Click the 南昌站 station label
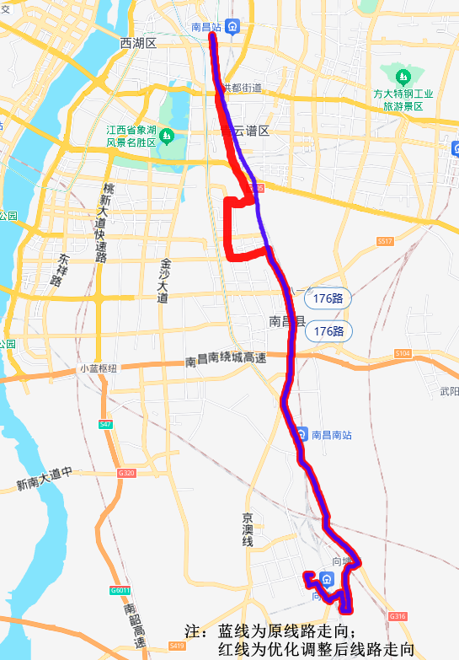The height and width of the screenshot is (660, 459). (206, 27)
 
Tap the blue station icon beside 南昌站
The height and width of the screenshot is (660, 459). (232, 27)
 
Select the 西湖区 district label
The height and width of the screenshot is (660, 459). (139, 43)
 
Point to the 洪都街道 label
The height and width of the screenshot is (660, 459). (241, 88)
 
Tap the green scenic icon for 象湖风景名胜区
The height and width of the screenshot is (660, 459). (167, 135)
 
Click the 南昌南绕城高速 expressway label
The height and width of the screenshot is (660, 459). (225, 360)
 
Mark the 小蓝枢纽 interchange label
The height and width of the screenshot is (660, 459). (99, 368)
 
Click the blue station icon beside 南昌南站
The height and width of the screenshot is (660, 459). (302, 435)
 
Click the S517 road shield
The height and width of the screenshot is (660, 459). (385, 242)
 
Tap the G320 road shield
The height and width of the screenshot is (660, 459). (127, 473)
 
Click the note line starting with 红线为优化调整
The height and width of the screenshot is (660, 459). (316, 648)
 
